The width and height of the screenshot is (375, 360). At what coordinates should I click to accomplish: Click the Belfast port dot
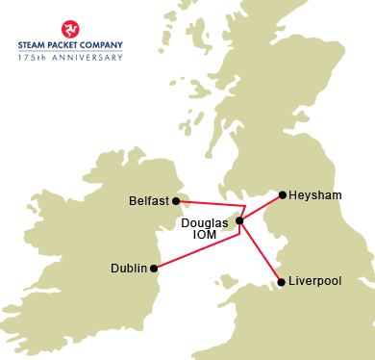click(177, 200)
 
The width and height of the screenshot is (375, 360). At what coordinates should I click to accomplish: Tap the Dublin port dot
click(154, 269)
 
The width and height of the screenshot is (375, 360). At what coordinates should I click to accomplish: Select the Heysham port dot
click(282, 194)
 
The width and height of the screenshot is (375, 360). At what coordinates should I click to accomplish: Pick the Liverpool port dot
click(281, 282)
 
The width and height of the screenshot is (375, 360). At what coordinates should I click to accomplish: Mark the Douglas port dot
click(239, 222)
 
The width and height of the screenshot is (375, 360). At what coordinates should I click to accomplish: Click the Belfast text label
click(149, 201)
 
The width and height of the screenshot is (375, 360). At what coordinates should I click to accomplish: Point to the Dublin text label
click(129, 269)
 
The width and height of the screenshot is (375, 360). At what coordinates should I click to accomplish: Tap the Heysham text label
click(315, 194)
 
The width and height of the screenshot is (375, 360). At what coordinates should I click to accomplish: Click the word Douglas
click(205, 222)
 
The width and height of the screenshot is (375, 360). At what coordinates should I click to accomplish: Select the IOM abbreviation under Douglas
click(205, 235)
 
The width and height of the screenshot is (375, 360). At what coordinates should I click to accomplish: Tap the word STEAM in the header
click(34, 44)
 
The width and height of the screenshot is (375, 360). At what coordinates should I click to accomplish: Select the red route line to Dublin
click(197, 247)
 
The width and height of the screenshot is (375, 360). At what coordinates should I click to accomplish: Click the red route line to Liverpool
click(261, 252)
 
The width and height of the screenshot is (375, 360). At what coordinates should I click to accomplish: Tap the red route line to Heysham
click(262, 208)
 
